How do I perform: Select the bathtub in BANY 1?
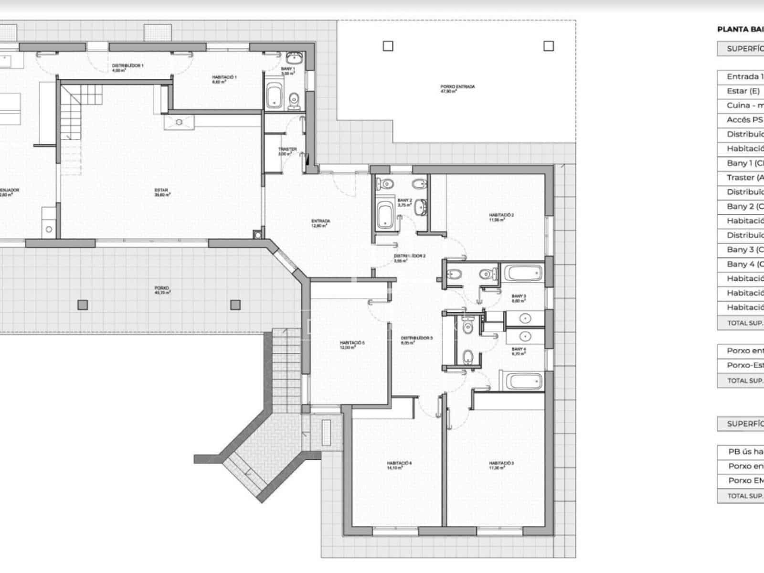tap(274, 95)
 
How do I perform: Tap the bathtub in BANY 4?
tap(524, 382)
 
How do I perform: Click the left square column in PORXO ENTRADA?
tap(388, 46)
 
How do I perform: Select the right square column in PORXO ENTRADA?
tap(549, 46)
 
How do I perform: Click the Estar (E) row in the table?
tap(743, 91)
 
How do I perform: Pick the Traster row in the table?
tap(743, 177)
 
